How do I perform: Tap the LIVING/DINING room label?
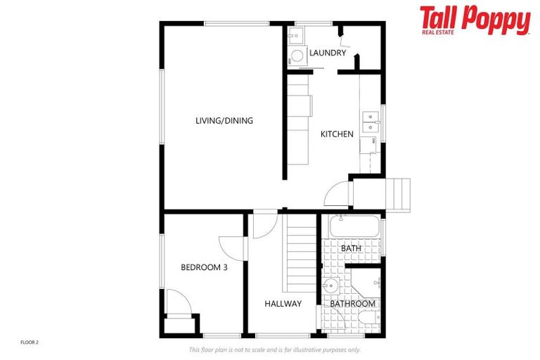click(x=224, y=121)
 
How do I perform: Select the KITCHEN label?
click(x=337, y=134)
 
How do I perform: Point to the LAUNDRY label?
click(x=328, y=53)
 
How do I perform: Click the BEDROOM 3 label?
click(x=204, y=267)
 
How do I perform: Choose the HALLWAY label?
click(x=283, y=304)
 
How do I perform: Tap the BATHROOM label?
click(x=353, y=304)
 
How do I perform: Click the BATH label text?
click(x=351, y=249)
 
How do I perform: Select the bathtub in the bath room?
click(x=354, y=228)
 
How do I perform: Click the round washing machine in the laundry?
click(x=297, y=56)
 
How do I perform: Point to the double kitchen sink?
click(x=369, y=122)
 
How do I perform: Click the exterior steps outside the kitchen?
click(x=399, y=194)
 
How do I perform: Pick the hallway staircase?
click(x=301, y=253)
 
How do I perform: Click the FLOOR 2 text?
click(x=30, y=342)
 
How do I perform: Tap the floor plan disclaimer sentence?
click(x=274, y=349)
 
